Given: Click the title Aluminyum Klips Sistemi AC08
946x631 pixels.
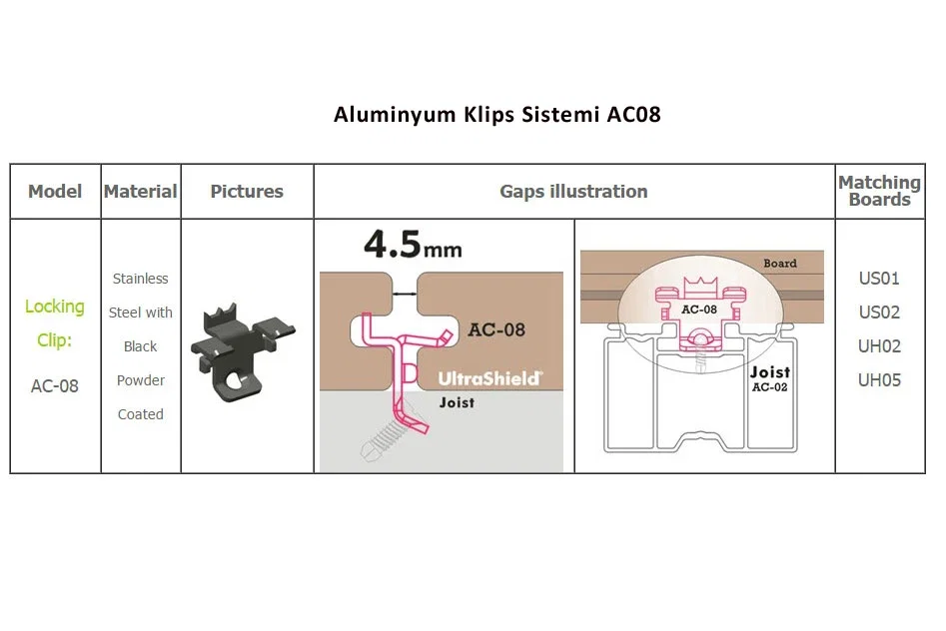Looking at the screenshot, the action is pyautogui.click(x=497, y=115).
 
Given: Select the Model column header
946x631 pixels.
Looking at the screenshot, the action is pyautogui.click(x=55, y=192).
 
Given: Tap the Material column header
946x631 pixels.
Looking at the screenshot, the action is pyautogui.click(x=141, y=192).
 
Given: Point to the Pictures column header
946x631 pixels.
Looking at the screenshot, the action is pyautogui.click(x=247, y=192).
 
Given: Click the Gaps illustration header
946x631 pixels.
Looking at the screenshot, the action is pyautogui.click(x=573, y=192).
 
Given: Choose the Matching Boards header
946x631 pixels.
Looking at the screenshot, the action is pyautogui.click(x=880, y=191).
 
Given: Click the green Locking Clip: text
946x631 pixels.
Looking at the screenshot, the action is pyautogui.click(x=54, y=323).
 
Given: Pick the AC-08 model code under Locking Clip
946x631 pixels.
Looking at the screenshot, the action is pyautogui.click(x=55, y=386).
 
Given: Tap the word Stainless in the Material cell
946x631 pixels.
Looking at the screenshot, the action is pyautogui.click(x=141, y=279).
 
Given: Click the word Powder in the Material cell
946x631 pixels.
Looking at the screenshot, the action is pyautogui.click(x=141, y=380).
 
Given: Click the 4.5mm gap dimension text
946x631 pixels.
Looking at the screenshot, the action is pyautogui.click(x=414, y=245).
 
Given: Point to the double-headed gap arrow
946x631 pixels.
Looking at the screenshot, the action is pyautogui.click(x=405, y=294).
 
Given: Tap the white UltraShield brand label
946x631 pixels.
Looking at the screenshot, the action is pyautogui.click(x=489, y=378).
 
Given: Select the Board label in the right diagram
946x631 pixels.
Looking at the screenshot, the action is pyautogui.click(x=780, y=263).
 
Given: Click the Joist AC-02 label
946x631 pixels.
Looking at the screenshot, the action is pyautogui.click(x=770, y=378).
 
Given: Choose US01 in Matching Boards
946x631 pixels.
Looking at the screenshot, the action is pyautogui.click(x=880, y=279).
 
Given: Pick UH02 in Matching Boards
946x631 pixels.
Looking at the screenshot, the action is pyautogui.click(x=880, y=346).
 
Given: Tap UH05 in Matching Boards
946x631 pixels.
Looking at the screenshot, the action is pyautogui.click(x=880, y=380).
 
